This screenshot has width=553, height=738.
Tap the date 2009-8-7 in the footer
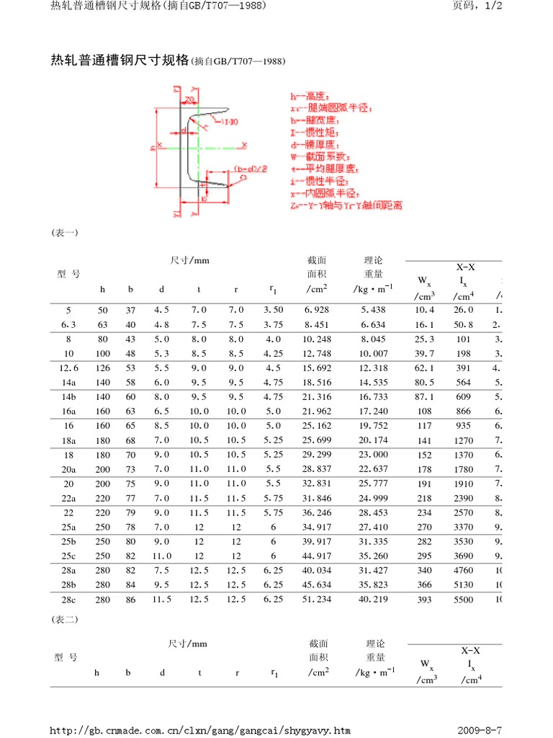(x=478, y=730)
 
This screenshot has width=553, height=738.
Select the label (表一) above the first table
(x=64, y=233)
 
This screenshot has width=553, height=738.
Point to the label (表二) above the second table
(x=64, y=620)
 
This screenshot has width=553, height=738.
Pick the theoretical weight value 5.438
(x=374, y=310)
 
